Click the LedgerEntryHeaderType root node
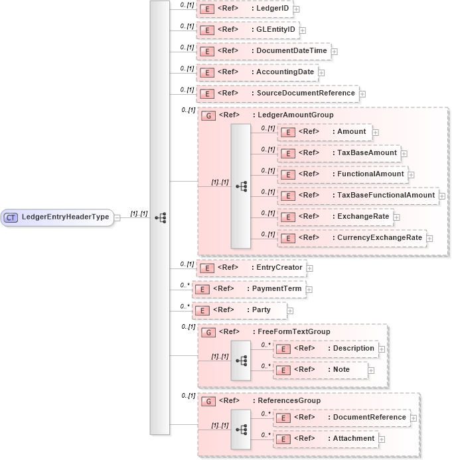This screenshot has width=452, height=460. click(x=64, y=217)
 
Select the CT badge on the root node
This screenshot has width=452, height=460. click(x=11, y=217)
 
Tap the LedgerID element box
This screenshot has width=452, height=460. click(x=245, y=9)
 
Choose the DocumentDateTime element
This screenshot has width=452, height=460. click(x=264, y=51)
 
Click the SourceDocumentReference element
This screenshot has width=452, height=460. click(x=277, y=93)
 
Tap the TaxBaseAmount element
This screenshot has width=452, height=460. click(x=339, y=153)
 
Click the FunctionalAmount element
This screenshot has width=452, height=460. click(x=342, y=174)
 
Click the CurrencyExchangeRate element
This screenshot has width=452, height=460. click(x=351, y=237)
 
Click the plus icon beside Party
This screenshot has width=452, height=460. click(x=290, y=310)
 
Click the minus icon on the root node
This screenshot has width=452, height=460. click(x=117, y=217)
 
